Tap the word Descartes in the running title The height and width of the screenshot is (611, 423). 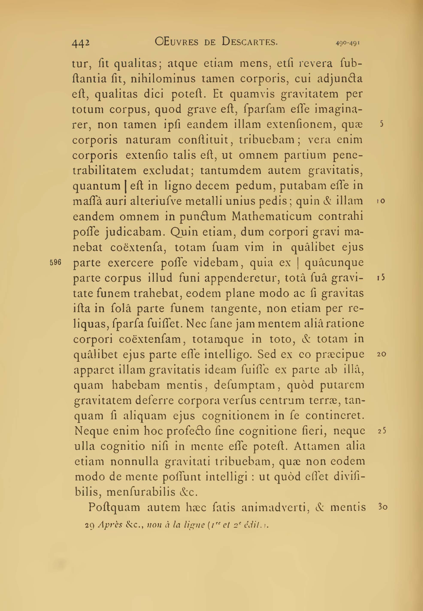tap(249, 42)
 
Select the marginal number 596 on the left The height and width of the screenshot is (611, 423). tap(56, 262)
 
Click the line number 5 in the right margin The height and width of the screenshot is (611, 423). tap(381, 124)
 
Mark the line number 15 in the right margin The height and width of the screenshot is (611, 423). tap(381, 278)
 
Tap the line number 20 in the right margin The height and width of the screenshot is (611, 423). tap(381, 354)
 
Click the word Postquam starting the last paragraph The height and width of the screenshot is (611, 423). tap(114, 507)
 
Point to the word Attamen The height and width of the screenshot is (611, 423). tap(317, 446)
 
